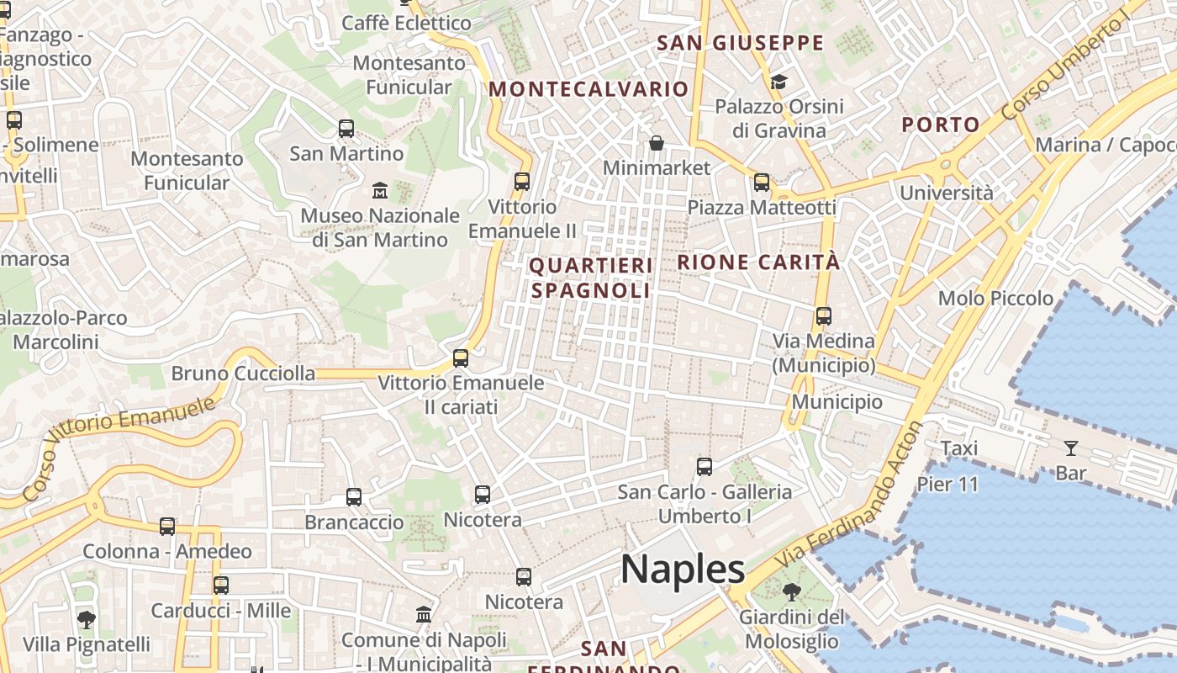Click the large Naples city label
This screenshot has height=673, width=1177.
pyautogui.click(x=683, y=570)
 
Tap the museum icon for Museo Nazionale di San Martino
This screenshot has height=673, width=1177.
pyautogui.click(x=379, y=190)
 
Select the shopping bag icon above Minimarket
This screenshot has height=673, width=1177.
pyautogui.click(x=657, y=143)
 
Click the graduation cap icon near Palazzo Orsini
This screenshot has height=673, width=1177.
pyautogui.click(x=779, y=82)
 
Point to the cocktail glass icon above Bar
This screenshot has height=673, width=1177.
pyautogui.click(x=1070, y=448)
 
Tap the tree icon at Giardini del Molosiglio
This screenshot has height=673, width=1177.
pyautogui.click(x=791, y=592)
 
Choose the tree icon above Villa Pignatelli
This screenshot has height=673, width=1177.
pyautogui.click(x=86, y=620)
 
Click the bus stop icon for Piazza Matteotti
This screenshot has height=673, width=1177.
pyautogui.click(x=762, y=182)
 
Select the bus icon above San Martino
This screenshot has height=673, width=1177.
pyautogui.click(x=346, y=129)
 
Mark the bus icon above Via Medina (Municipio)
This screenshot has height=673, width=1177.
pyautogui.click(x=824, y=316)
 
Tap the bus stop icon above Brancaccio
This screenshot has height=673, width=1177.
pyautogui.click(x=354, y=497)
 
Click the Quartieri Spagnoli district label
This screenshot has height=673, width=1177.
pyautogui.click(x=591, y=278)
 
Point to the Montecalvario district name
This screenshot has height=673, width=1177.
pyautogui.click(x=588, y=89)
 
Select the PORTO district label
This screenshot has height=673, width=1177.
pyautogui.click(x=941, y=125)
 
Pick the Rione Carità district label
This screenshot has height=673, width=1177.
pyautogui.click(x=758, y=262)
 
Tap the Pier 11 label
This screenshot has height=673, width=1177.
pyautogui.click(x=947, y=485)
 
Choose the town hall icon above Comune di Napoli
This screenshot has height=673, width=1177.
pyautogui.click(x=424, y=615)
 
